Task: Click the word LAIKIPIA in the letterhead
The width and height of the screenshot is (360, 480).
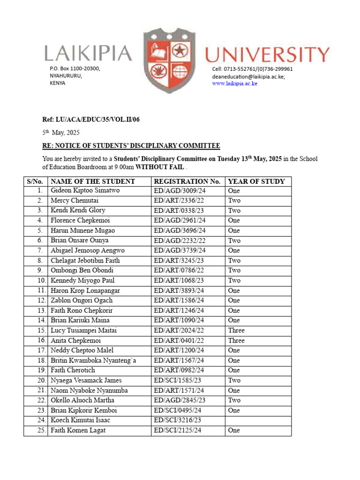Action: tap(88, 53)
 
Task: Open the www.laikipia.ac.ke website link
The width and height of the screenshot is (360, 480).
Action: tap(234, 83)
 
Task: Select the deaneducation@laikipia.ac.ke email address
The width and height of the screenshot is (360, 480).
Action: tap(248, 76)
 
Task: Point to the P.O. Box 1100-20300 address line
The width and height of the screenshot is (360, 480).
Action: tap(75, 69)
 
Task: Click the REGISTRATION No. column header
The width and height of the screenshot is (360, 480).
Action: tap(187, 181)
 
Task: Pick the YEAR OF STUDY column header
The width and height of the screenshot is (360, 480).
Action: tap(256, 181)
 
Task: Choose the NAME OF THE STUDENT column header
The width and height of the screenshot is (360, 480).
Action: tap(93, 181)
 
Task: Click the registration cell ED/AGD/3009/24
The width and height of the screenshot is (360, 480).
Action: tap(180, 191)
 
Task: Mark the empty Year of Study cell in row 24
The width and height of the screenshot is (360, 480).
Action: tap(258, 420)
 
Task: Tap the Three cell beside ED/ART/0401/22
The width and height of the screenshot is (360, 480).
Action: tap(236, 341)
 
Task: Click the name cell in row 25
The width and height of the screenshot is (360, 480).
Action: tap(78, 430)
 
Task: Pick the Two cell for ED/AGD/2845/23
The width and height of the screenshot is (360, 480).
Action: tap(234, 400)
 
